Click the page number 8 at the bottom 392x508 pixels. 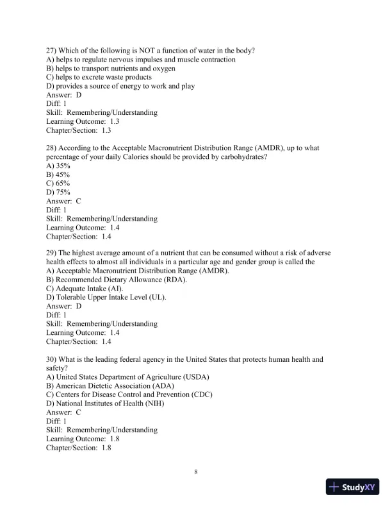click(x=196, y=473)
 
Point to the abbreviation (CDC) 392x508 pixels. click(x=200, y=394)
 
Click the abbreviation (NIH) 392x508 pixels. click(x=154, y=403)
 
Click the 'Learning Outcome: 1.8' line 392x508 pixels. click(x=79, y=439)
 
